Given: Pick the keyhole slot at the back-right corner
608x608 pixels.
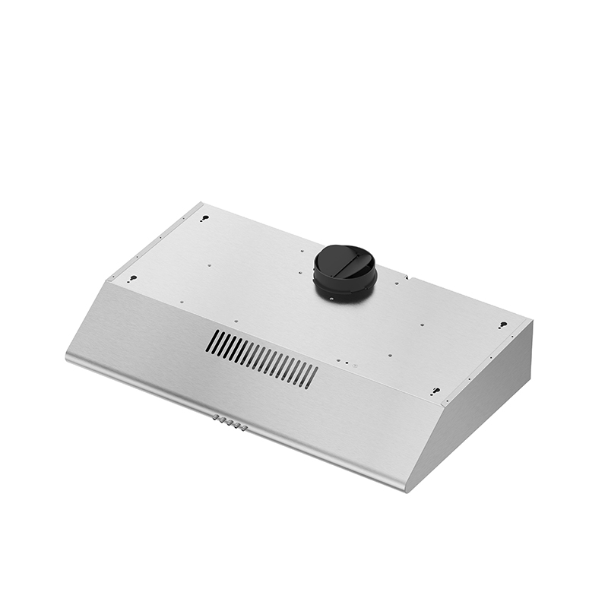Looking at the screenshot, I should [502, 325].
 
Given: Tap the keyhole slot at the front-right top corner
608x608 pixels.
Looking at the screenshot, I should [435, 393].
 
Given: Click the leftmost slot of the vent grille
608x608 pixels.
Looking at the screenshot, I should [214, 342].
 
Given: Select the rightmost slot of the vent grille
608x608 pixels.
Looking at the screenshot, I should [310, 375].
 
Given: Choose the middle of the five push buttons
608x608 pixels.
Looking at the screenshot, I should [230, 423].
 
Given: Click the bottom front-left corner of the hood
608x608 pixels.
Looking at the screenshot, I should [67, 358].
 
